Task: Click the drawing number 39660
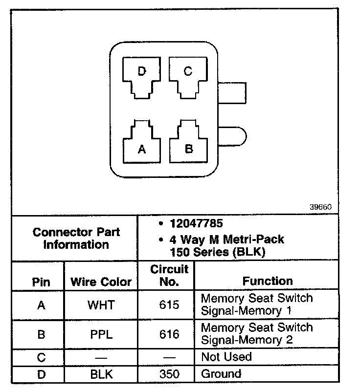point(320,207)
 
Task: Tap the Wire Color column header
point(101,282)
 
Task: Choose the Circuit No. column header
point(169,276)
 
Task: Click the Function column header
point(267,281)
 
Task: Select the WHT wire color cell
point(101,305)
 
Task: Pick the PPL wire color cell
point(101,335)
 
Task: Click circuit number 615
point(169,305)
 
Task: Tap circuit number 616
point(169,335)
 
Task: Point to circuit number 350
point(169,374)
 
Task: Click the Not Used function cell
point(226,357)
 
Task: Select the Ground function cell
point(221,374)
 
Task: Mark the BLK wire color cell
point(101,374)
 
